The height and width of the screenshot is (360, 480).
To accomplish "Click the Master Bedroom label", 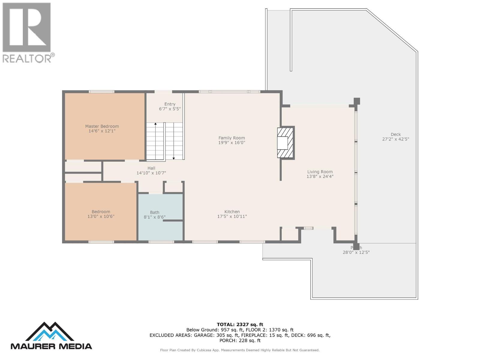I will tap(102, 126).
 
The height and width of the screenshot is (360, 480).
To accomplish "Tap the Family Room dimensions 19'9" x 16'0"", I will tap(232, 143).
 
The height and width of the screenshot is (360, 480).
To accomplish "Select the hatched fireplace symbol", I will tap(285, 142).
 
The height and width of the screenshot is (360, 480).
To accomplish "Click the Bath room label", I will tap(154, 212).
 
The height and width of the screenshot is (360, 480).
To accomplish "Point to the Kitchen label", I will tap(232, 211).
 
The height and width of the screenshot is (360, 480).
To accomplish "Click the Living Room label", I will tap(320, 172).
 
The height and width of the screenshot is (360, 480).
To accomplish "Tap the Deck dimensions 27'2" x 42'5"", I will tap(395, 139).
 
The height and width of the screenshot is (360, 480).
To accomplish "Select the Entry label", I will tap(170, 104).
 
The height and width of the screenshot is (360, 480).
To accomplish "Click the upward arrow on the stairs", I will tap(155, 124).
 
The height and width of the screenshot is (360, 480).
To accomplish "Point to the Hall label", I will tap(151, 168).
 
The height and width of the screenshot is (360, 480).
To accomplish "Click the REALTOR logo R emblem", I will tap(27, 28).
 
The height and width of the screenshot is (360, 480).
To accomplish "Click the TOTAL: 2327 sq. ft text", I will tap(240, 324).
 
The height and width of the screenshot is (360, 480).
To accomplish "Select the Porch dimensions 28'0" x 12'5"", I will tap(356, 253).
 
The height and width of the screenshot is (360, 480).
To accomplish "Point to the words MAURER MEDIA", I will tap(51, 346).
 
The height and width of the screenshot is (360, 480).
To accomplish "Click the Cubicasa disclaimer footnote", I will tap(240, 350).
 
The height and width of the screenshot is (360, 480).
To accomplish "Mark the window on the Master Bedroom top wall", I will tap(101, 91).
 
